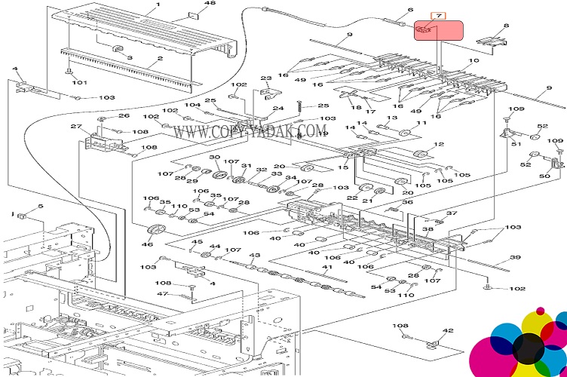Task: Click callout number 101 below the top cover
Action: pos(79,83)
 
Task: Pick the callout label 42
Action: pos(449,330)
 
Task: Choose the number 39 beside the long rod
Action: pos(515,258)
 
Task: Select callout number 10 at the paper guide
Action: pos(474,61)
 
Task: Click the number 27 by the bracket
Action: pos(75,126)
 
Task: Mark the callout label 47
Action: pos(162,294)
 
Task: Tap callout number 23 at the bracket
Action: pos(265,78)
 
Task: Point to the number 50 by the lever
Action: pos(544,176)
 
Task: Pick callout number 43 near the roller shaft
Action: pos(254,256)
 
